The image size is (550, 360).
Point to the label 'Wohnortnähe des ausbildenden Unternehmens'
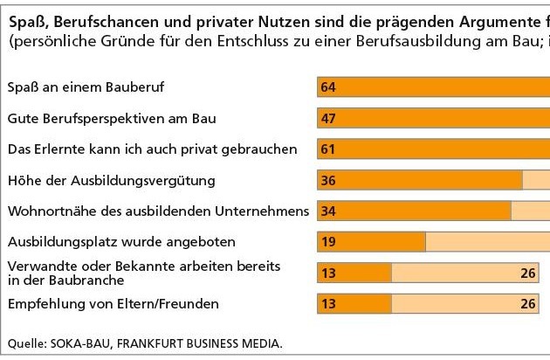(x=158, y=211)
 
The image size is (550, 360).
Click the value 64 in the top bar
(x=328, y=87)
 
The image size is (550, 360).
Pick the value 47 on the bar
(x=328, y=119)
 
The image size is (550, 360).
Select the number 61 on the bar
(x=328, y=149)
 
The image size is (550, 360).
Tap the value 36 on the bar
(x=328, y=181)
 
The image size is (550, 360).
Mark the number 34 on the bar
(x=328, y=211)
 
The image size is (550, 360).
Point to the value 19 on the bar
(x=328, y=242)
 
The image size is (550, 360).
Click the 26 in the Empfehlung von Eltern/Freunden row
(x=527, y=304)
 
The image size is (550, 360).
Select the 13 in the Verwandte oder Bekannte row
(x=328, y=273)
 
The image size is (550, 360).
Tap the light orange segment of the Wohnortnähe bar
(x=530, y=211)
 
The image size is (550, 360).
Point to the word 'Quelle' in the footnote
(x=24, y=343)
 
